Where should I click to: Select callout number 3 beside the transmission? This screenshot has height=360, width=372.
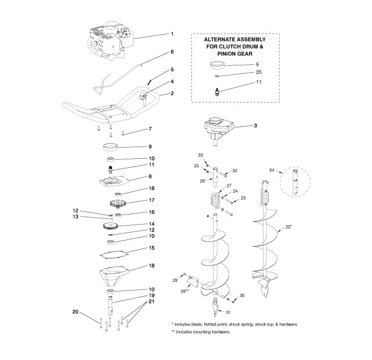pyautogui.click(x=256, y=126)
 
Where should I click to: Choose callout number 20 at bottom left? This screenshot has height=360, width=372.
pyautogui.click(x=75, y=312)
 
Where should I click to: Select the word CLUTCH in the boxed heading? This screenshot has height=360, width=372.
pyautogui.click(x=234, y=47)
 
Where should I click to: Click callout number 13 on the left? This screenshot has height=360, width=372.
pyautogui.click(x=75, y=217)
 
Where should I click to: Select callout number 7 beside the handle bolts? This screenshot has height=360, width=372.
pyautogui.click(x=150, y=129)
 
